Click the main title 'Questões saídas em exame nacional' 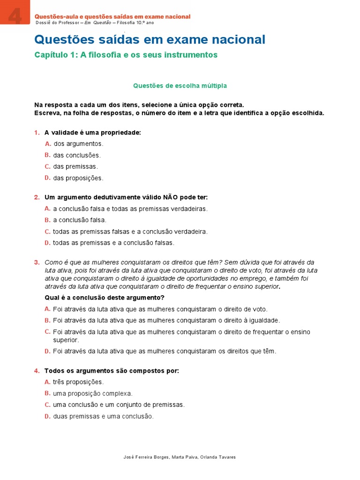point(150,39)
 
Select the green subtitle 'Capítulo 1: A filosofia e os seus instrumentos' point(126,55)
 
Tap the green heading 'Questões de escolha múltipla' point(180,86)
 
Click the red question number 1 point(37,133)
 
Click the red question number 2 point(37,197)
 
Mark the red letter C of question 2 point(47,232)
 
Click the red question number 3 point(37,262)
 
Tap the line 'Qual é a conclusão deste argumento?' point(105,298)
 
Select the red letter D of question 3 point(47,351)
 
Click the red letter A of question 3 point(47,309)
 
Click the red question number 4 point(37,371)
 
